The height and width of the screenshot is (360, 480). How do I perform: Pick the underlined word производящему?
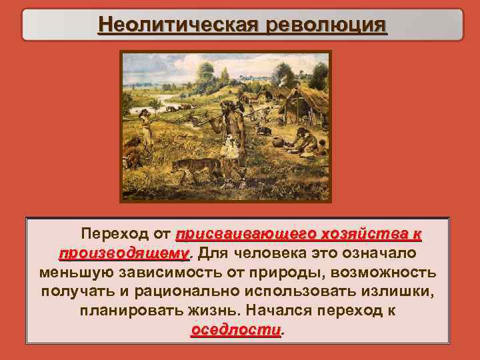tap(124, 254)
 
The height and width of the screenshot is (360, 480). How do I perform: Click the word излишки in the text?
tap(406, 292)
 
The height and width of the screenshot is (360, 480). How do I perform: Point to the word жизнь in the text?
tap(219, 311)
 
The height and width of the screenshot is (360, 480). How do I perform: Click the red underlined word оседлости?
tap(236, 330)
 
